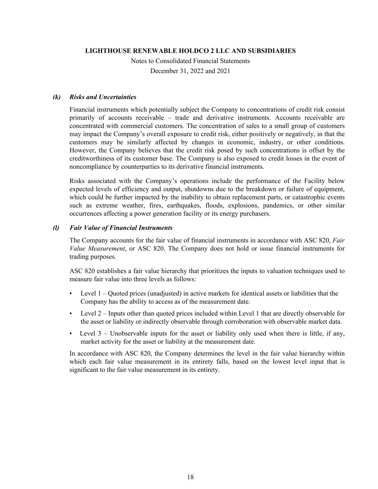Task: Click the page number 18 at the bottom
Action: coord(190,477)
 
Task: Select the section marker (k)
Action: coord(57,97)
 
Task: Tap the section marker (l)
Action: coord(56,228)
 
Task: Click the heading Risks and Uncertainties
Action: coord(103,97)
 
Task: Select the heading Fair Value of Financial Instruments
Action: coord(121,228)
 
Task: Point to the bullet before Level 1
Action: coord(72,293)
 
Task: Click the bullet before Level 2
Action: coord(72,313)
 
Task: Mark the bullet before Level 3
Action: coord(72,334)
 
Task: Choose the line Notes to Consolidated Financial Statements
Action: coord(190,61)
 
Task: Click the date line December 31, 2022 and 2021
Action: coord(190,71)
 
